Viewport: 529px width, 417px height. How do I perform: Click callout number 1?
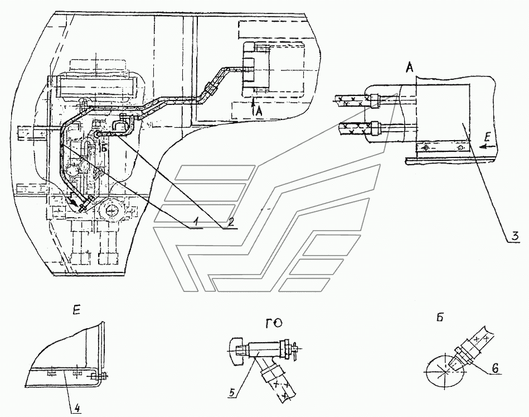tap(196, 222)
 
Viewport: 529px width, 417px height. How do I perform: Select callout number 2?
tap(231, 222)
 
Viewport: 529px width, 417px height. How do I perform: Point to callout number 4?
tap(77, 408)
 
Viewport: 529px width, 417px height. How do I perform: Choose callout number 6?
tap(494, 368)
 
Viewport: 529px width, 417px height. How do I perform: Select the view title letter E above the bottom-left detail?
tap(76, 310)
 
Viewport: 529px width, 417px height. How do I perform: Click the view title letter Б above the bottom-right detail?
tap(440, 318)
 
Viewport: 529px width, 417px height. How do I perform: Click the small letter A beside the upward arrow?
tap(259, 111)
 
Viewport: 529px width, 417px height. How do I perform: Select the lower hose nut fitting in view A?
tap(375, 129)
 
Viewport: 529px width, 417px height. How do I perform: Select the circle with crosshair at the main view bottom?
tap(110, 210)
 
